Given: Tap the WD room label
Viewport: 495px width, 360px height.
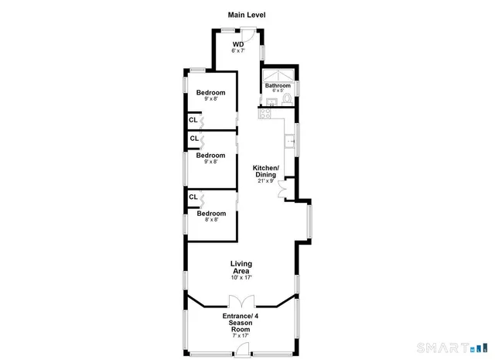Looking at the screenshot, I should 239,44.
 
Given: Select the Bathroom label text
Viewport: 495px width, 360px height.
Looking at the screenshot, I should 278,85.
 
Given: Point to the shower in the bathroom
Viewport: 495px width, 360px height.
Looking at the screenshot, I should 278,75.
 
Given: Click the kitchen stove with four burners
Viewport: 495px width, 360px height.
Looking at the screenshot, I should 265,114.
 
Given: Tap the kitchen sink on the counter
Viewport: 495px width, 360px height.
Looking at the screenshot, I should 291,142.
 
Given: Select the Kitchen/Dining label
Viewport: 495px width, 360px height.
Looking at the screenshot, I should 265,171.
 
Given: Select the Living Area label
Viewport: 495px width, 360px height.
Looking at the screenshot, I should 241,267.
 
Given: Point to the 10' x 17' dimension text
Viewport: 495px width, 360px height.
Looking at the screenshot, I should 241,277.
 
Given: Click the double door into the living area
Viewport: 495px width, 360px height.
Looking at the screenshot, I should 241,302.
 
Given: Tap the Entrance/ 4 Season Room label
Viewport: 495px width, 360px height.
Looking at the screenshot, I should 241,322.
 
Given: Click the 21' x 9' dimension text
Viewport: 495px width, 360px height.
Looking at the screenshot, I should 265,180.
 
